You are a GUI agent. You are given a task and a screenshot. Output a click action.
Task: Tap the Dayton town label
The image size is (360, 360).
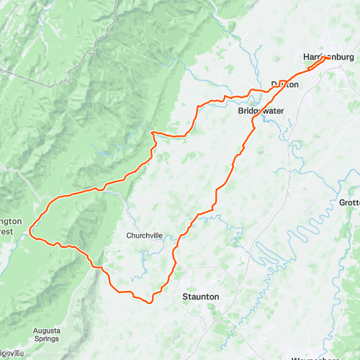(284, 84)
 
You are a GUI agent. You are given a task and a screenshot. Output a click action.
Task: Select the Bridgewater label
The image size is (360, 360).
(261, 110)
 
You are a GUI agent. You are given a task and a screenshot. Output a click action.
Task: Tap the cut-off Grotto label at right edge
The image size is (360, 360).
(349, 203)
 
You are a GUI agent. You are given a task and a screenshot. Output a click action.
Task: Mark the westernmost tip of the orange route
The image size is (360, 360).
(30, 232)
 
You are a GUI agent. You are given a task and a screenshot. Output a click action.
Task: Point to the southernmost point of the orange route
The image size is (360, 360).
(150, 302)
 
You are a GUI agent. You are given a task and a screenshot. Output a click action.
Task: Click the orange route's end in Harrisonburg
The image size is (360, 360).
(329, 58)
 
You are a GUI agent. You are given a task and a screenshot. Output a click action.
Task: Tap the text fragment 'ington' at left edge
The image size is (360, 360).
(11, 222)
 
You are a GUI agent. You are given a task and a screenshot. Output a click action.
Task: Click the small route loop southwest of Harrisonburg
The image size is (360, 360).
(315, 66)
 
